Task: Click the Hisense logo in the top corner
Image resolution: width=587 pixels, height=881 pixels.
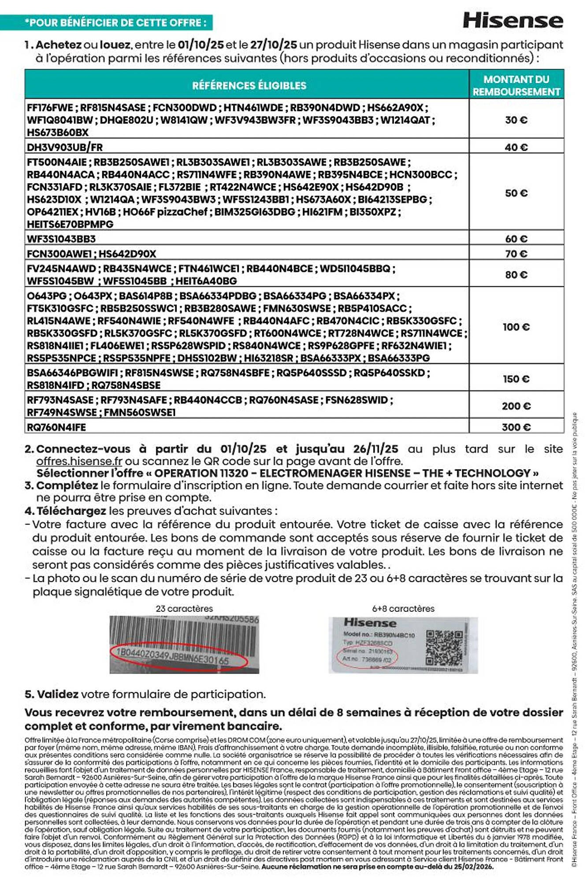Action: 513,21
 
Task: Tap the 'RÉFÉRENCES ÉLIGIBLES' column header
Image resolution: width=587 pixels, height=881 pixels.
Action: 249,85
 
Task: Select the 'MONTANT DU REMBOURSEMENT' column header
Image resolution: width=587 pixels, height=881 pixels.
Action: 516,85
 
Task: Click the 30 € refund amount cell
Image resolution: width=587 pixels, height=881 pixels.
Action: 516,120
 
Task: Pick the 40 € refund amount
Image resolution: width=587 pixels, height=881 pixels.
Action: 516,147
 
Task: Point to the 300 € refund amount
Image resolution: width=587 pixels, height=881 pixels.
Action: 516,427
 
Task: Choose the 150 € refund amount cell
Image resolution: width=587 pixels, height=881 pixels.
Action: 516,379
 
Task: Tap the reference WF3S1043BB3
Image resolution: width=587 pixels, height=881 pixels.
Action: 61,239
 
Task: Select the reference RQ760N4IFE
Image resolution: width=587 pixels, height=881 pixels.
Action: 56,427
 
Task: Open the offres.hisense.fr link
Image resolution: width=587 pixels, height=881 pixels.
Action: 79,461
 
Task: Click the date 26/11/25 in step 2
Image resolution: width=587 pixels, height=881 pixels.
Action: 375,449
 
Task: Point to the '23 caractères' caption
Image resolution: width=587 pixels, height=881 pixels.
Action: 184,608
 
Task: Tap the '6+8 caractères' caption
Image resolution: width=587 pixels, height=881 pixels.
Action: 403,608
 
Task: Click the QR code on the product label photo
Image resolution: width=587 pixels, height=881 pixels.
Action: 444,647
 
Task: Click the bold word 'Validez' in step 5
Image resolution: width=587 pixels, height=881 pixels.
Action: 58,694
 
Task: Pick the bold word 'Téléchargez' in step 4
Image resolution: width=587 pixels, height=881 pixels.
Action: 71,511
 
